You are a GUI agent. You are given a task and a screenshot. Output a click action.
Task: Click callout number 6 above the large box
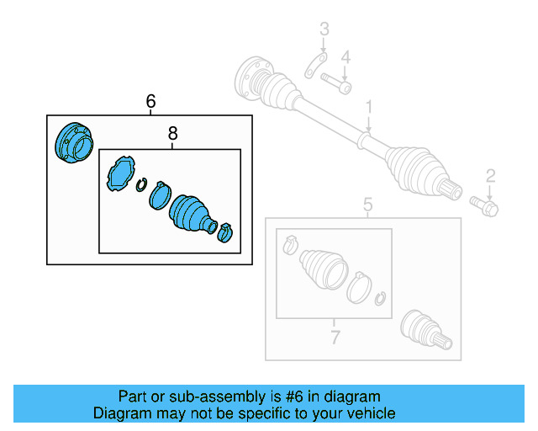click(150, 102)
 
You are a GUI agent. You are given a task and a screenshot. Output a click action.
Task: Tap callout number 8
click(172, 133)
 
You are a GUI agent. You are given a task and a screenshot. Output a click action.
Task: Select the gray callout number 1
click(367, 107)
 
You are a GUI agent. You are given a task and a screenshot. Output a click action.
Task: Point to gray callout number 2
click(490, 175)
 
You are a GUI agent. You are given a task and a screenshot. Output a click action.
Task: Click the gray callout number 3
click(323, 32)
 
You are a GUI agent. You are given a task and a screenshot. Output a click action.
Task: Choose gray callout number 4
click(345, 56)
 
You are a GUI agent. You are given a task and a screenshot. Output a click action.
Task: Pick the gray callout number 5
click(367, 204)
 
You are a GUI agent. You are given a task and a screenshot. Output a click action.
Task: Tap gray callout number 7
click(334, 338)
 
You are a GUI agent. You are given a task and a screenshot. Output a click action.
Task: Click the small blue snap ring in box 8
click(142, 185)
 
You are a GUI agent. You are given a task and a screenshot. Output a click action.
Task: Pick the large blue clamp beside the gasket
click(161, 196)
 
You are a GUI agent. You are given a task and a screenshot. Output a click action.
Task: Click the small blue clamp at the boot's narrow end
click(225, 232)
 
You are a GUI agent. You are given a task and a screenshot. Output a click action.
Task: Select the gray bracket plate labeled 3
click(315, 66)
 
